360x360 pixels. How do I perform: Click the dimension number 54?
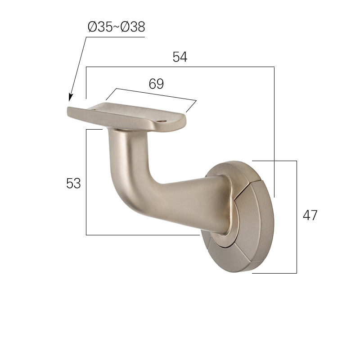(180, 57)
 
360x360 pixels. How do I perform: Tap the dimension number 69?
(156, 84)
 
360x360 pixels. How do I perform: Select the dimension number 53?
(73, 184)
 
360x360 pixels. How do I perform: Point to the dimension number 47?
(310, 216)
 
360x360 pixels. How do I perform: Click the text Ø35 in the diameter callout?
(100, 27)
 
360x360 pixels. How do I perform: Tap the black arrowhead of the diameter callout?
(71, 97)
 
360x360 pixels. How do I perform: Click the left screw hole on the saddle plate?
(94, 110)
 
